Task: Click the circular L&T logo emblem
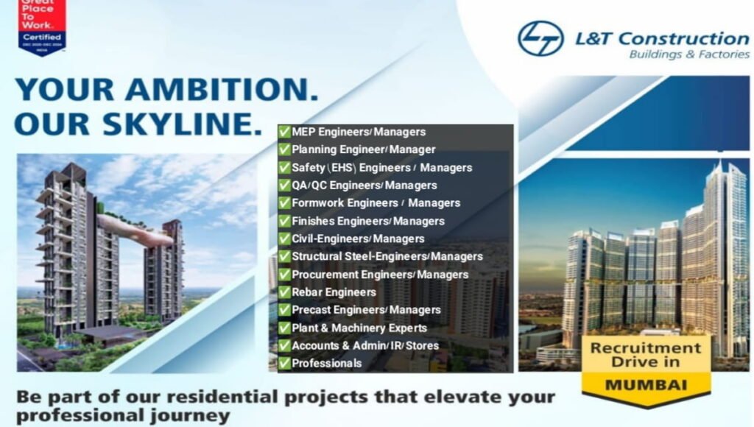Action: [x=540, y=38]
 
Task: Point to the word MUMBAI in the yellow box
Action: [x=645, y=384]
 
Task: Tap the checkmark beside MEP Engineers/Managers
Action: [x=284, y=133]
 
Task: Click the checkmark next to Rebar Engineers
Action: [x=284, y=292]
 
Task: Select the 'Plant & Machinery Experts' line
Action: [x=359, y=328]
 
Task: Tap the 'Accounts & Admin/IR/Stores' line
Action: [x=364, y=345]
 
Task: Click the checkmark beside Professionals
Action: [x=284, y=363]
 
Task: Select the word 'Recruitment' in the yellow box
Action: [x=646, y=347]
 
